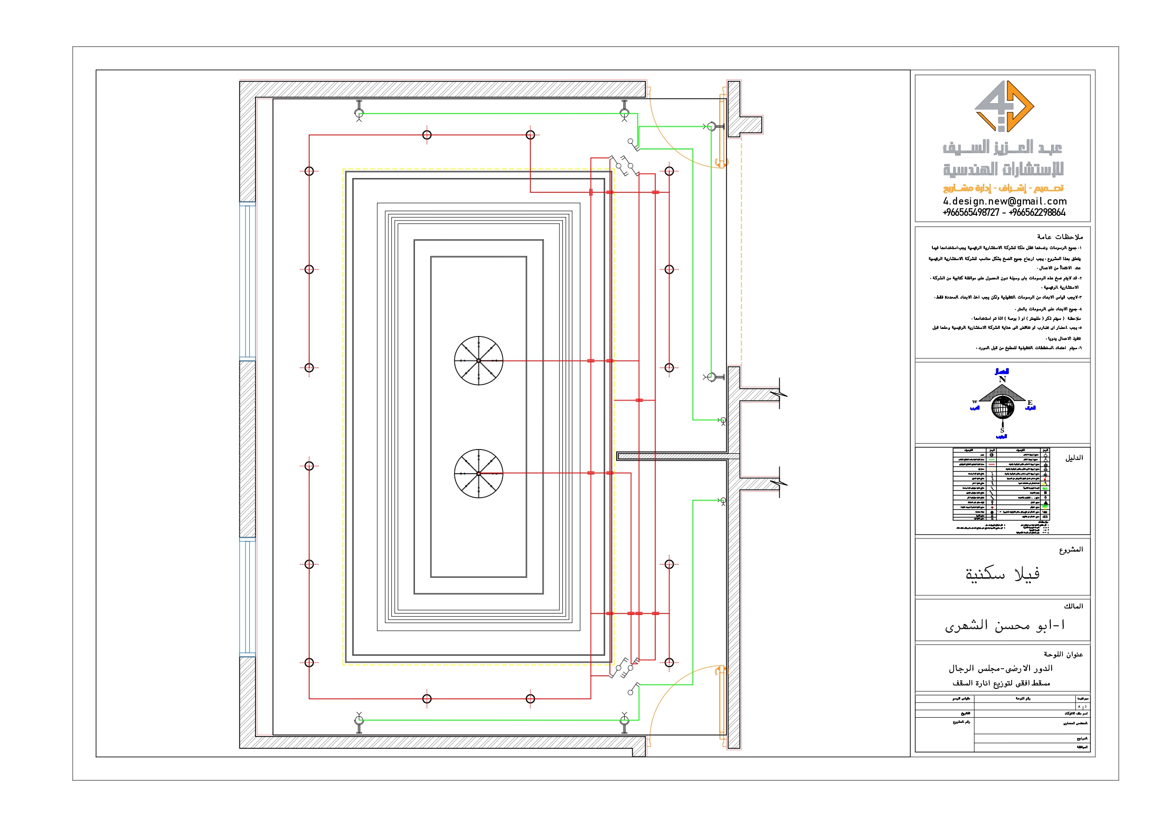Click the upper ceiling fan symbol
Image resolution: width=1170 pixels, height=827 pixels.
pos(478,360)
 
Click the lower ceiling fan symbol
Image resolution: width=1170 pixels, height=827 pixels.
pos(478,474)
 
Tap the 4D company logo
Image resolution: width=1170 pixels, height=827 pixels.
pos(1004,106)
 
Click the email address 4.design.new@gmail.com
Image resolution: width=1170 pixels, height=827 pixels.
pos(1005,201)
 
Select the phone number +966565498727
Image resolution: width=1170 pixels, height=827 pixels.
pos(971,213)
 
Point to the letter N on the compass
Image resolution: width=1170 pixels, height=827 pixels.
pos(1002,379)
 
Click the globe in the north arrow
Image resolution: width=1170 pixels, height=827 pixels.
pos(1002,407)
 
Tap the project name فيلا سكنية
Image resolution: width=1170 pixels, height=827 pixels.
pos(1002,574)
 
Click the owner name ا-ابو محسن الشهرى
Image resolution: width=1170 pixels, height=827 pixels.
pos(1005,625)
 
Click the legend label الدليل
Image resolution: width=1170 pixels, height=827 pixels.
pos(1074,458)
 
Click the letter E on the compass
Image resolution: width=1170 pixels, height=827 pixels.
pos(1030,402)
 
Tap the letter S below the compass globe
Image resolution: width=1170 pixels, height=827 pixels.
pos(1002,431)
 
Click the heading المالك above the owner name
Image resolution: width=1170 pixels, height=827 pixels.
pos(1073,606)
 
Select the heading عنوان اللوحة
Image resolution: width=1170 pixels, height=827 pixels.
pos(1063,654)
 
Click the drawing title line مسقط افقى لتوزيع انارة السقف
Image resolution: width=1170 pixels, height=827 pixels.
pos(1001,683)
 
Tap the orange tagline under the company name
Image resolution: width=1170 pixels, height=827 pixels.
pos(1003,188)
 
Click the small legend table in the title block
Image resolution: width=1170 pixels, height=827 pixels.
pos(1001,484)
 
